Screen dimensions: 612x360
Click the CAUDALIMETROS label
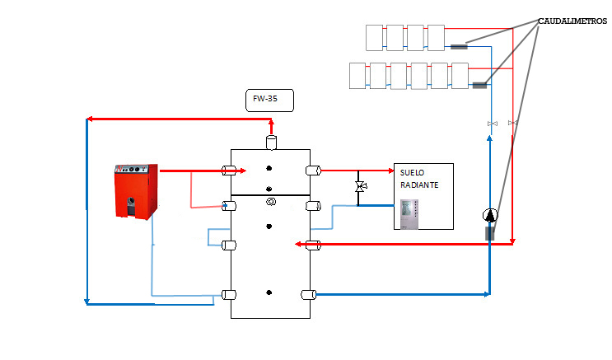pos(572,21)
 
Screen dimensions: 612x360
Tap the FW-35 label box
pos(269,101)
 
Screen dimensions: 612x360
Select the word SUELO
pos(412,172)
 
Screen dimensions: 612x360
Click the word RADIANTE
pos(419,185)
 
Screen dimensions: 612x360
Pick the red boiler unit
pos(136,191)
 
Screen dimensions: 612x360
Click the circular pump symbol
pos(490,215)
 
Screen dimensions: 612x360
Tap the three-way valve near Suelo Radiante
pos(361,187)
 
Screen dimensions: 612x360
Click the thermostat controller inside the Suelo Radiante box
pos(409,214)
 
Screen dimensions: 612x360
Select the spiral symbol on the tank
pos(270,202)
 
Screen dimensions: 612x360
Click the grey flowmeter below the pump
pos(490,233)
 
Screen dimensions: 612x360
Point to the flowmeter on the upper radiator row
pos(459,47)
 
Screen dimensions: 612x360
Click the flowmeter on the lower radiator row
pos(479,85)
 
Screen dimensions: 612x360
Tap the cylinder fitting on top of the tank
pos(271,143)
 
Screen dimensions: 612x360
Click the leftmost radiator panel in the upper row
pos(374,38)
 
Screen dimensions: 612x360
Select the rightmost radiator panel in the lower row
pos(460,76)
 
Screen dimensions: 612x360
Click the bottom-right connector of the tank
pos(308,295)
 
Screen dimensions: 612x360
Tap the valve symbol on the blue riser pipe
pos(493,124)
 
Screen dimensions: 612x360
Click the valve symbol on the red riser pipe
pos(512,123)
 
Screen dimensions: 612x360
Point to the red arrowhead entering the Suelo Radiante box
pos(391,171)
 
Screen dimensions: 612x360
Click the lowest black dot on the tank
pos(269,292)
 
